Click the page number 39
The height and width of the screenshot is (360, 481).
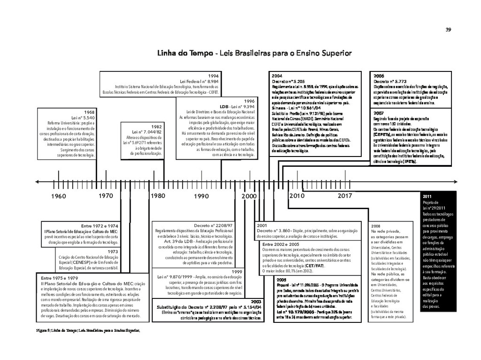448,30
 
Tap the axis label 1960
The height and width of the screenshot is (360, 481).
59,196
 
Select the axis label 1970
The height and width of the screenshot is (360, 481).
106,196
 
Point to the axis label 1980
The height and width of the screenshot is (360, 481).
158,196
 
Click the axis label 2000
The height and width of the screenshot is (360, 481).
249,196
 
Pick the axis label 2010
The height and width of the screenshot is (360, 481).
297,196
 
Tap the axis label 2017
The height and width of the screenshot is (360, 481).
344,196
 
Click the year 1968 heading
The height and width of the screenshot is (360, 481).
89,112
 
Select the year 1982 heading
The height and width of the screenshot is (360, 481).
156,127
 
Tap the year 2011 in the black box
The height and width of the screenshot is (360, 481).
427,196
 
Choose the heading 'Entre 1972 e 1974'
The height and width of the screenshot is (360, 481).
100,226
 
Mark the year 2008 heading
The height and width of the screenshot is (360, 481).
376,226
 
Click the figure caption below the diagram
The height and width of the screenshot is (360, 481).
88,330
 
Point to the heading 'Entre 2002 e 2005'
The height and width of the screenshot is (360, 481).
281,244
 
